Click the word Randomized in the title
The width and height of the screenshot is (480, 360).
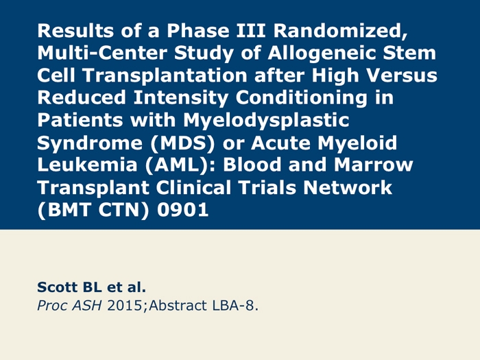(340, 31)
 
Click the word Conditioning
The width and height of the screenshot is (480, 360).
(301, 98)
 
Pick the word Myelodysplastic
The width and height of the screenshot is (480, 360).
(266, 121)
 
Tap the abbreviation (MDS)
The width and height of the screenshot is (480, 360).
(182, 143)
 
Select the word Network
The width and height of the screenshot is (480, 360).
(348, 187)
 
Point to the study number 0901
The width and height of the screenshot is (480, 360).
(183, 210)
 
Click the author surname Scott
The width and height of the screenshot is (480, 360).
(57, 287)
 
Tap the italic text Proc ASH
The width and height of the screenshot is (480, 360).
(69, 306)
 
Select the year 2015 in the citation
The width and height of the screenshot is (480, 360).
(125, 306)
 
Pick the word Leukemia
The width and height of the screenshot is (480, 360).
(87, 165)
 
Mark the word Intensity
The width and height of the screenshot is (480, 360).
(180, 98)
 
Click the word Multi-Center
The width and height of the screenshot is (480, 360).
(102, 53)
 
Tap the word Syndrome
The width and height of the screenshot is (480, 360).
(90, 143)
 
